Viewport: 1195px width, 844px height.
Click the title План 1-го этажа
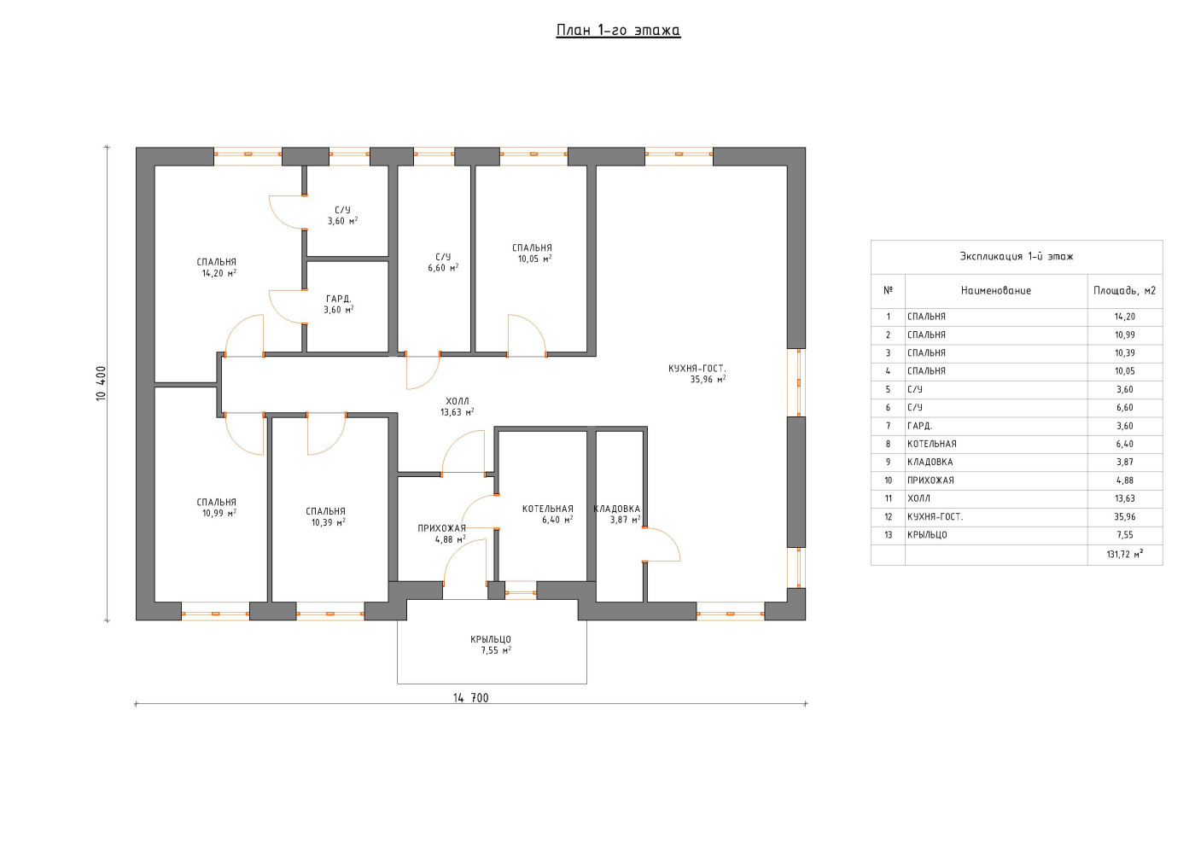pos(618,31)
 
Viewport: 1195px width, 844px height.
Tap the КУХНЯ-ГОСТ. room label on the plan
pos(697,369)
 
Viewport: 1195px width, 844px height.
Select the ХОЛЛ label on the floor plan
pos(458,401)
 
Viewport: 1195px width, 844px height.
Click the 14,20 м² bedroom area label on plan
pos(219,273)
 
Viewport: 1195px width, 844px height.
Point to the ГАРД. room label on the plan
pos(338,299)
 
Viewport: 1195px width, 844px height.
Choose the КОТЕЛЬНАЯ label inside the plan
pos(547,509)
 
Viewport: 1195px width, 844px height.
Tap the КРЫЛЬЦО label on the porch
pos(491,639)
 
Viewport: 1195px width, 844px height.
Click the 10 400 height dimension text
pos(102,383)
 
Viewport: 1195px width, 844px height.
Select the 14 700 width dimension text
pos(471,698)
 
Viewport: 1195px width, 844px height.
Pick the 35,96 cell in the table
pos(1125,516)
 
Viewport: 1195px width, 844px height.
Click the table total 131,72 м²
pos(1125,555)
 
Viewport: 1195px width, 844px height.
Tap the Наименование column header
pos(996,291)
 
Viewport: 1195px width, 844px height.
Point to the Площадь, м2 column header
pos(1125,291)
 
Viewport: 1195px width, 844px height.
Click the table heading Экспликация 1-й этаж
pos(1017,257)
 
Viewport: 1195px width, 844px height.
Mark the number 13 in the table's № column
pos(889,534)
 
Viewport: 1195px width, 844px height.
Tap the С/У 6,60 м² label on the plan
pos(443,263)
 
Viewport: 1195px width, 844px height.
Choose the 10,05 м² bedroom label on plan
pos(534,259)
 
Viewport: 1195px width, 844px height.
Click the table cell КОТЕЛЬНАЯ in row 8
pos(932,444)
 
